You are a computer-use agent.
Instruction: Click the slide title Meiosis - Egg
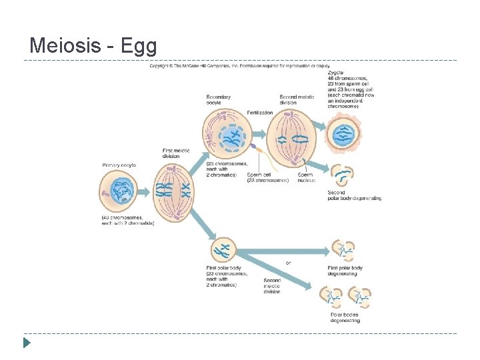point(93,46)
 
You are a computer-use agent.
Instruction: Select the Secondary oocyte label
point(219,100)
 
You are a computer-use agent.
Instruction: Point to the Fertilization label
point(260,113)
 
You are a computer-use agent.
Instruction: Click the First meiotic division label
point(176,154)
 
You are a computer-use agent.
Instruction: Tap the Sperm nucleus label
point(306,177)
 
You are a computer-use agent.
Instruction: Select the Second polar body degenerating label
point(355,195)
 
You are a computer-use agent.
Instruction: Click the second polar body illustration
point(343,175)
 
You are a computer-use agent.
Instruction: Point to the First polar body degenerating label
point(346,270)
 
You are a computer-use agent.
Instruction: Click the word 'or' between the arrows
point(288,263)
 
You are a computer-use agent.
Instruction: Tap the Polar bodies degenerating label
point(345,317)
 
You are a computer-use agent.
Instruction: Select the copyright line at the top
point(239,67)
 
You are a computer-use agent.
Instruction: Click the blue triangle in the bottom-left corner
point(27,344)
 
